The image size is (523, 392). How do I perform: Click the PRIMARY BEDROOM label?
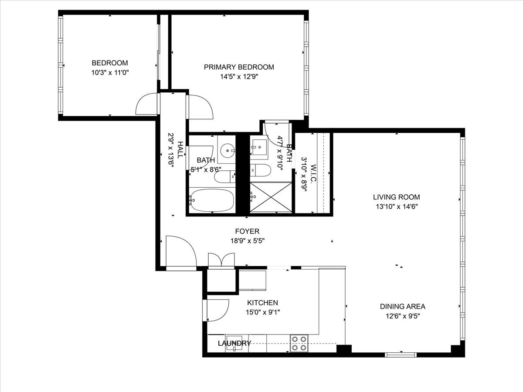(x=239, y=67)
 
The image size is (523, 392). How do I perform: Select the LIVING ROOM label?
(x=396, y=197)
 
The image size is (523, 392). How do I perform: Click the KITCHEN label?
(x=262, y=303)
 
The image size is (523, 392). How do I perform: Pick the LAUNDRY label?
(x=234, y=343)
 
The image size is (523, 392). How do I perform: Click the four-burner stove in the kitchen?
(x=299, y=343)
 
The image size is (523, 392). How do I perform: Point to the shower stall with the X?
(x=270, y=197)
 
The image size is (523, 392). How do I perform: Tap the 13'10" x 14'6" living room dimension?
(x=396, y=206)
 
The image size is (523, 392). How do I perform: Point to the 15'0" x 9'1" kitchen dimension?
(x=262, y=312)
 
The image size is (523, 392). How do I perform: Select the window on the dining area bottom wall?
(x=401, y=355)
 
